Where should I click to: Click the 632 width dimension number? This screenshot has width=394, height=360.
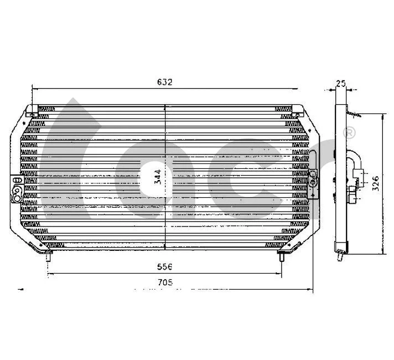tap(165, 82)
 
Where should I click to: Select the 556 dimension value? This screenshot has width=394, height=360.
tap(165, 266)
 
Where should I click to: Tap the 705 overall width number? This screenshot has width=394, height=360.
tap(165, 282)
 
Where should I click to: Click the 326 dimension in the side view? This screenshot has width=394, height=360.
tap(376, 183)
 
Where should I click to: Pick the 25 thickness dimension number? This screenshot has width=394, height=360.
tap(341, 83)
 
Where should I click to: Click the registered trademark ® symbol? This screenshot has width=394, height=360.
tap(349, 133)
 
